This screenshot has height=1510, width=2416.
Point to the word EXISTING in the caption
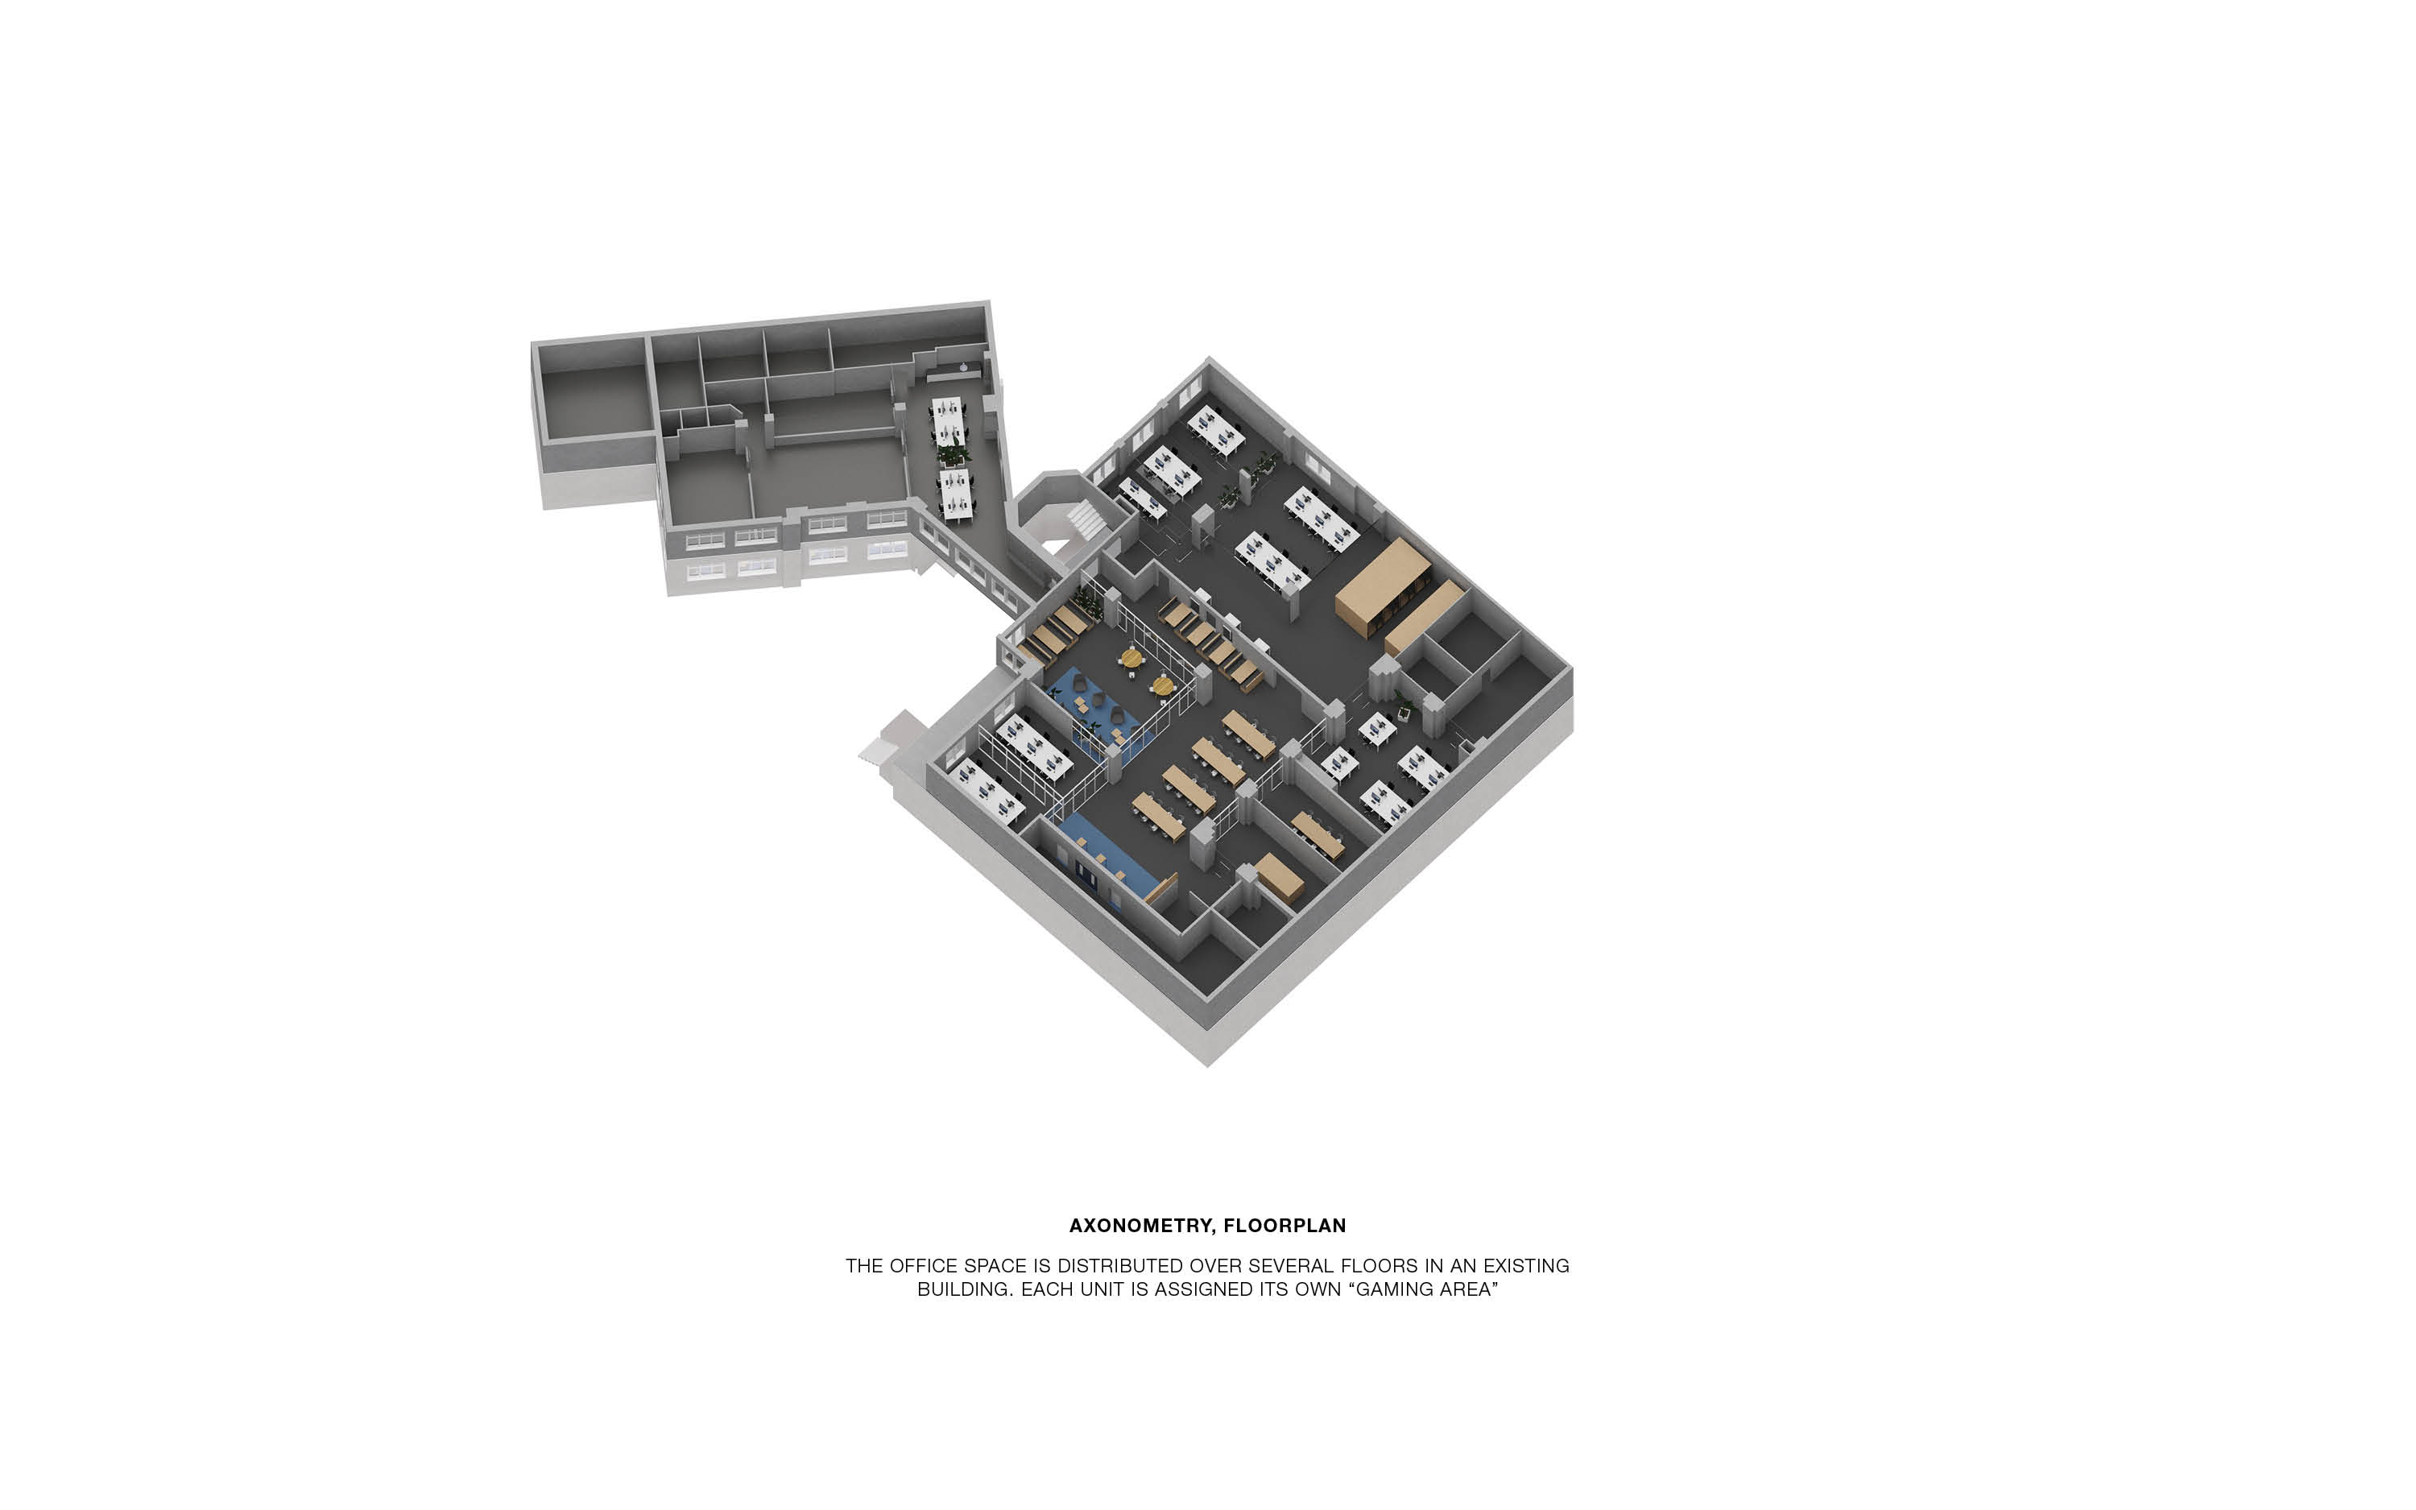pos(1525,1265)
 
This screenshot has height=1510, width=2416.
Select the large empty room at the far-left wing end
pos(593,403)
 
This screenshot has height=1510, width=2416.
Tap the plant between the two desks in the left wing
pos(953,455)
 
